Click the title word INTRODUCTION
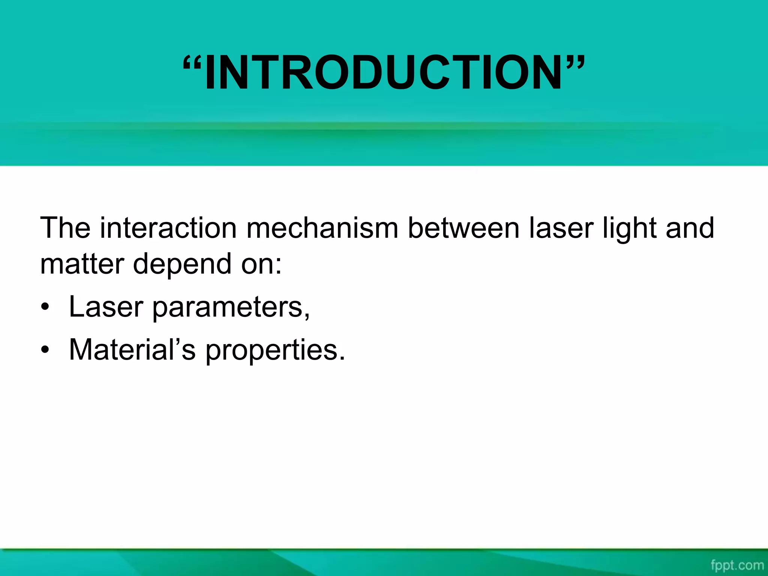383,72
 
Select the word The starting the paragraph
65,228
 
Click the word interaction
168,228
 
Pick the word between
463,228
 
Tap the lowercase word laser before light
561,228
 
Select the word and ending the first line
690,228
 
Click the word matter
82,264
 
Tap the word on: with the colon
261,264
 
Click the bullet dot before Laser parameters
45,307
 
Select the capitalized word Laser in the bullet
106,307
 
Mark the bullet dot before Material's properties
45,350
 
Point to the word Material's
132,349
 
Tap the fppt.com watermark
737,565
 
